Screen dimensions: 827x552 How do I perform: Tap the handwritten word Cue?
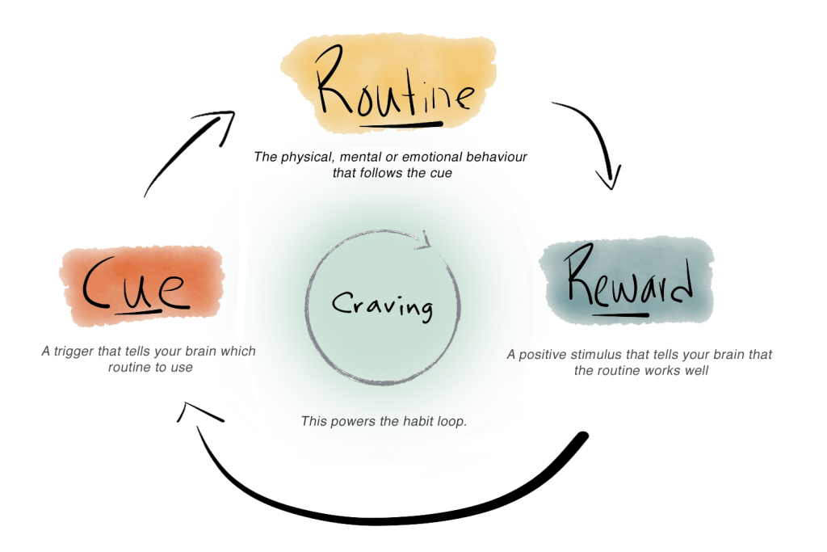tap(135, 284)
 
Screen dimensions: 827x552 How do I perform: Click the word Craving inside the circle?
tap(383, 305)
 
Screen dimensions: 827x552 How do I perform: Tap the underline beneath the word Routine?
tap(401, 125)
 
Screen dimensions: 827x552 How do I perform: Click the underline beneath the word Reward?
tap(620, 315)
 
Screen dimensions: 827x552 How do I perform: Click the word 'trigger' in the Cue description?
tap(73, 352)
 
